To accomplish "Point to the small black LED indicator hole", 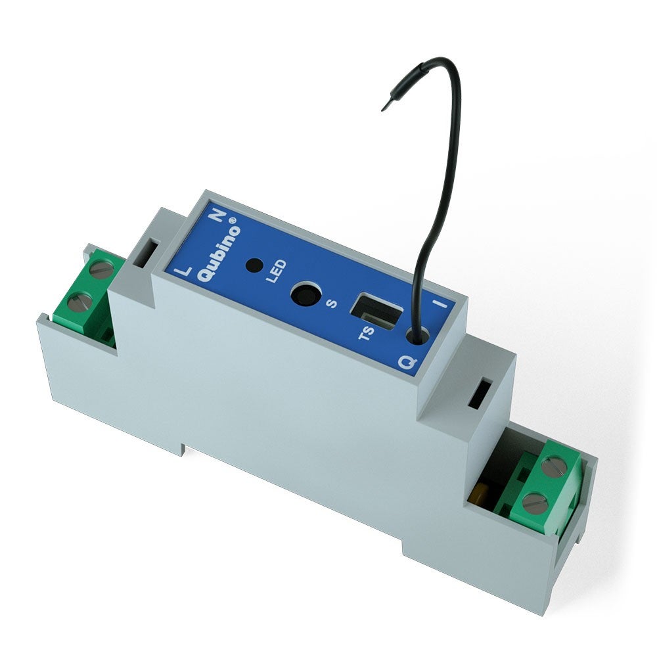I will [x=254, y=266].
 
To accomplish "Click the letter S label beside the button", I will [x=331, y=304].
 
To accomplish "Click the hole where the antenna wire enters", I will [x=417, y=335].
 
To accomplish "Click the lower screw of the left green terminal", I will [x=79, y=302].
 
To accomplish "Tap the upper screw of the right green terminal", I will [x=553, y=468].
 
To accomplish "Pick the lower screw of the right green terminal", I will [x=533, y=503].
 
